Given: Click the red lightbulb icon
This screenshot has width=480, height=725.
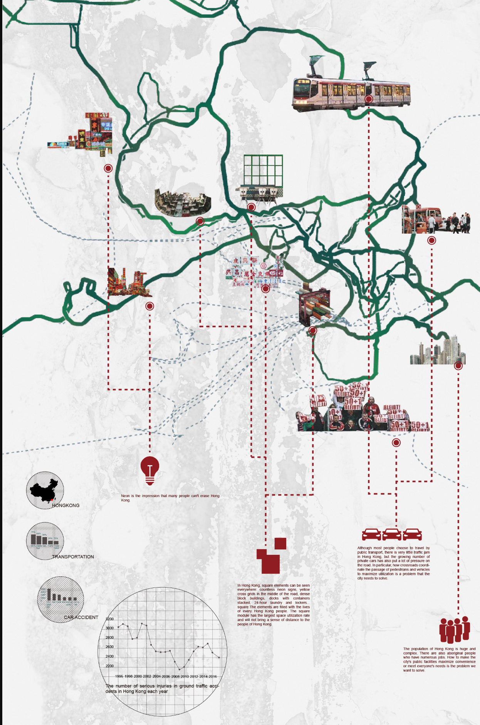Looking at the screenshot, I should [150, 470].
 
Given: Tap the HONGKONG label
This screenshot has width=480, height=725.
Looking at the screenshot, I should [66, 505].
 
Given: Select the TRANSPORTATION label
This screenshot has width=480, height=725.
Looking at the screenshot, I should [73, 557].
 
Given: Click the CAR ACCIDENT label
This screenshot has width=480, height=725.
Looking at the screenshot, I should [81, 617].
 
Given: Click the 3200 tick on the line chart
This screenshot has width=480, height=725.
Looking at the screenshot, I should [110, 619].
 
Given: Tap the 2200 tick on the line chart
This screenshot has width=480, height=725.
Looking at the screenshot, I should [110, 666].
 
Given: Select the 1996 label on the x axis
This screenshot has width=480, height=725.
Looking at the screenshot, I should [119, 676].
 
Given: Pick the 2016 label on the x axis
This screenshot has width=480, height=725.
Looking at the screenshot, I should [213, 676].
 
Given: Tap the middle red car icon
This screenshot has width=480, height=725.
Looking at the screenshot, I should [392, 534].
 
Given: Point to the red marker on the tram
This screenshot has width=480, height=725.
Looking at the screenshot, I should [369, 99].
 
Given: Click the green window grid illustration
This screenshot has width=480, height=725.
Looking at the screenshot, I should [263, 170].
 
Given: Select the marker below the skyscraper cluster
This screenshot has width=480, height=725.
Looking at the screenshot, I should [458, 366].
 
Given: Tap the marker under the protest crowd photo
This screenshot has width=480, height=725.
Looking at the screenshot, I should [396, 443].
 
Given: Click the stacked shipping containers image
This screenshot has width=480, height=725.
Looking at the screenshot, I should [314, 306].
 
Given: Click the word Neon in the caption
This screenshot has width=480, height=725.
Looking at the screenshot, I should [125, 496].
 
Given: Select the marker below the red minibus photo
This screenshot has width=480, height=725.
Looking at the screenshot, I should [431, 241].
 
